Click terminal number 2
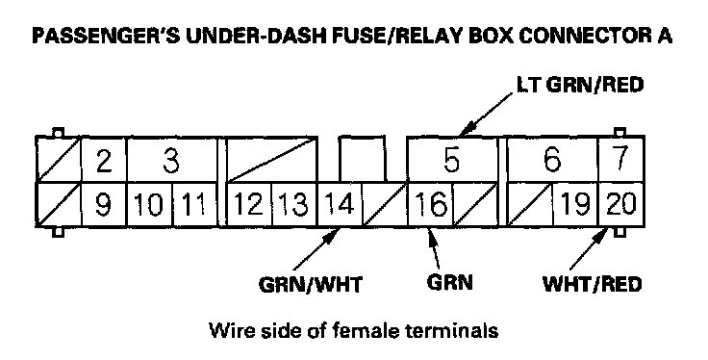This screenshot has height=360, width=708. click(104, 160)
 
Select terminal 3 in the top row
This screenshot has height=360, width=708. click(172, 160)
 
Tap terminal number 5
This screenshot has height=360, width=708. click(452, 160)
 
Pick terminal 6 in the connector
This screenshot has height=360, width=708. click(553, 160)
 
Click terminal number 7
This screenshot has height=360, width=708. click(621, 160)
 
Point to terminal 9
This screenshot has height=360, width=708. click(104, 204)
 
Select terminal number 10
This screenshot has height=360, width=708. click(150, 204)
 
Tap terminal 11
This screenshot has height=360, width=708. click(195, 204)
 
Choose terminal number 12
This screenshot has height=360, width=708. click(249, 204)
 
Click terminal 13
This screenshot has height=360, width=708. click(295, 204)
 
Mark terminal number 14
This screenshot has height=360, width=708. click(341, 204)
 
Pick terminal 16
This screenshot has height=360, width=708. click(431, 204)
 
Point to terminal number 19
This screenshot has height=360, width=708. click(575, 204)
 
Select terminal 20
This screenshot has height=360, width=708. click(621, 204)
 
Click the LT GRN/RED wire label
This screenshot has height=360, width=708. click(580, 85)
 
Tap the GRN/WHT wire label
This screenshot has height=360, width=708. click(311, 285)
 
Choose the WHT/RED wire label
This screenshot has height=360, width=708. click(592, 284)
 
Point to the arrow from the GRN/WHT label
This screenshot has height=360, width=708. click(316, 250)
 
